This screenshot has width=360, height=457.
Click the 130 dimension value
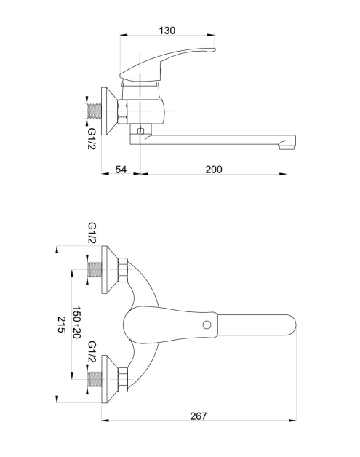pos(167,31)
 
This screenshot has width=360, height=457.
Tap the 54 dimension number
pos(121,170)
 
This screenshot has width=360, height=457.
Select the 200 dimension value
pos(214,170)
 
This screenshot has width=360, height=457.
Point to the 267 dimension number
pos(199,416)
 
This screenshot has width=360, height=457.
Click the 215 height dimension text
pos(62,325)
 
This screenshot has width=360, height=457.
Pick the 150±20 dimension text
pos(76,322)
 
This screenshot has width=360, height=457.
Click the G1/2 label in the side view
pos(92,139)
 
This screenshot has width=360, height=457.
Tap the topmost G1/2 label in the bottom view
pos(92,233)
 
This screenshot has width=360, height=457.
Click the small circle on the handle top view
pos(207,325)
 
